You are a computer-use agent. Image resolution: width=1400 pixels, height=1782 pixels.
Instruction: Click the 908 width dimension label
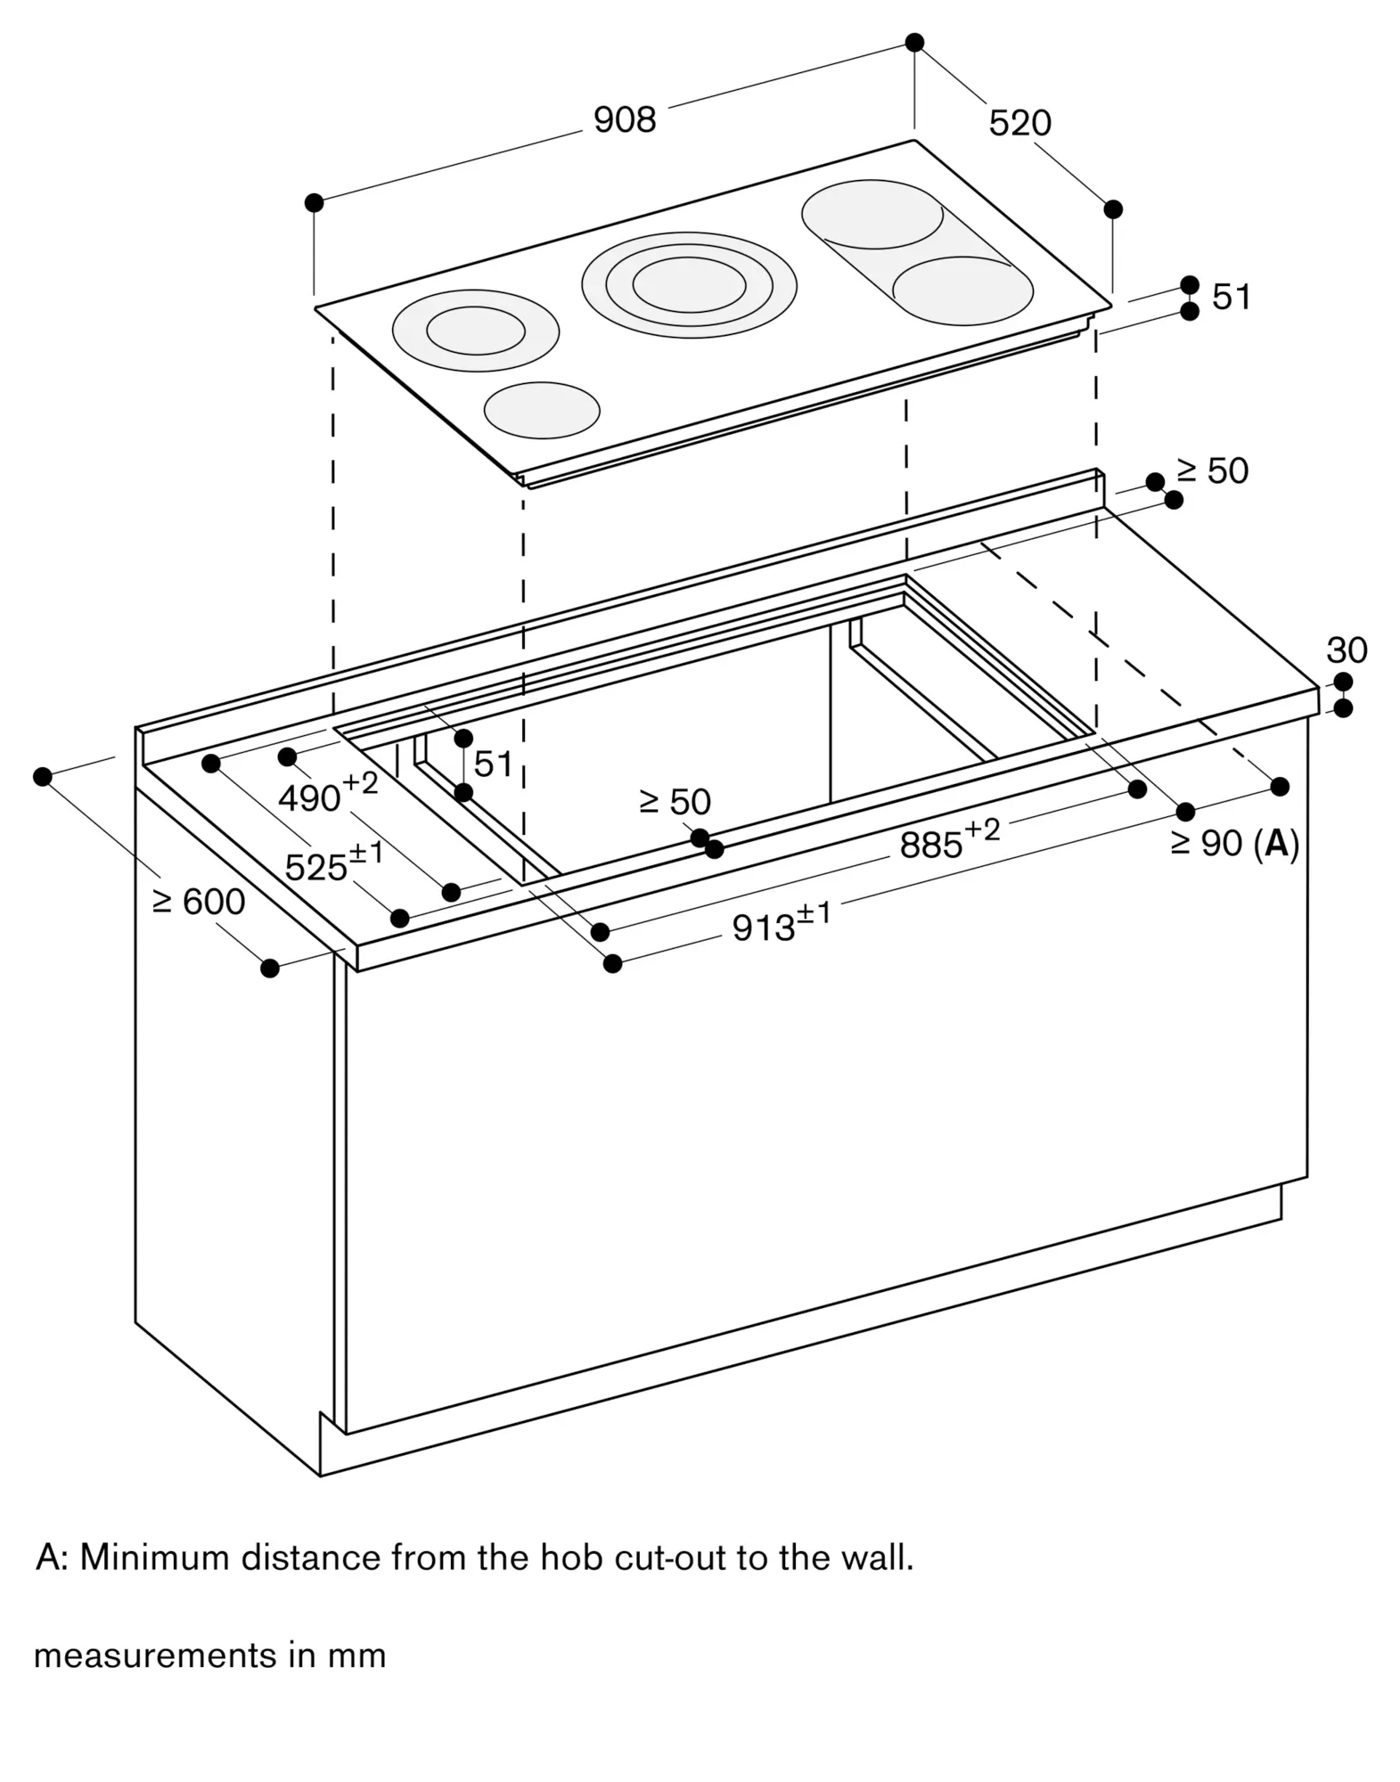click(x=624, y=119)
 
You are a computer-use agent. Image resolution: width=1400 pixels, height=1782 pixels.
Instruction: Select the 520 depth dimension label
click(x=1019, y=123)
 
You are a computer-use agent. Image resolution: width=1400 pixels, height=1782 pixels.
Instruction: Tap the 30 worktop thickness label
click(x=1346, y=650)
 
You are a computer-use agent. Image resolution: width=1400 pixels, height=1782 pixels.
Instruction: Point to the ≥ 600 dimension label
click(x=199, y=902)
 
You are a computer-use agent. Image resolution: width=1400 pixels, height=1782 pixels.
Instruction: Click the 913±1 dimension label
click(x=781, y=925)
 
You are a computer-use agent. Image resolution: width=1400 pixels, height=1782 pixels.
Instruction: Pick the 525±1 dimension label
click(x=333, y=863)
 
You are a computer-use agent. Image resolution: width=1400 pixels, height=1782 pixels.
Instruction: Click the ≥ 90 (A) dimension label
click(x=1234, y=843)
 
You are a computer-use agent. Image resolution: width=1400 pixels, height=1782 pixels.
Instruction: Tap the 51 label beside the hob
click(x=1232, y=298)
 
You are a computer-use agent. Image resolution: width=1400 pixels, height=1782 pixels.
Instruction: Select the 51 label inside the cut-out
click(x=493, y=764)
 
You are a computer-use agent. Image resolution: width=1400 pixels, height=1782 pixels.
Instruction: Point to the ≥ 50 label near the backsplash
click(x=1212, y=471)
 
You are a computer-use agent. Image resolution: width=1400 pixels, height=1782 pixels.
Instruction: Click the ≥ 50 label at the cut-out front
click(x=675, y=803)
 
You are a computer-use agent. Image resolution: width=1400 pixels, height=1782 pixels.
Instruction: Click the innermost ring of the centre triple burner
click(x=689, y=285)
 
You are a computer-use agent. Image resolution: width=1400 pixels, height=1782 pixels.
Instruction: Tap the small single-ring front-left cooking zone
click(x=542, y=410)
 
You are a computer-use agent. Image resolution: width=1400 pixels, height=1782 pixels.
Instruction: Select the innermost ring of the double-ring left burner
click(x=475, y=331)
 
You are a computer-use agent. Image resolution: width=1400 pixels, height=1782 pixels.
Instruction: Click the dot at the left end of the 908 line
click(x=314, y=203)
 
